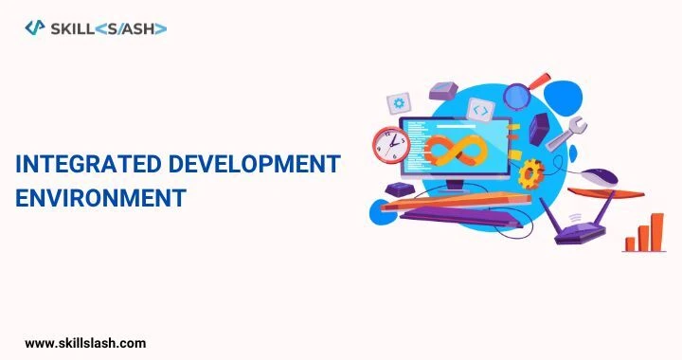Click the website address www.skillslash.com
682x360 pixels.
(85, 342)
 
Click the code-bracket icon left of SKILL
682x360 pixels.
(34, 28)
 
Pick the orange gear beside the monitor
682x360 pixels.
(532, 173)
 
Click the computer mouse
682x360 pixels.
(599, 176)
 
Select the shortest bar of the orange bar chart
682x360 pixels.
(630, 243)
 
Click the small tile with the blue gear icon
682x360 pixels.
(401, 102)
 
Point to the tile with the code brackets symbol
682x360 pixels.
(481, 111)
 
